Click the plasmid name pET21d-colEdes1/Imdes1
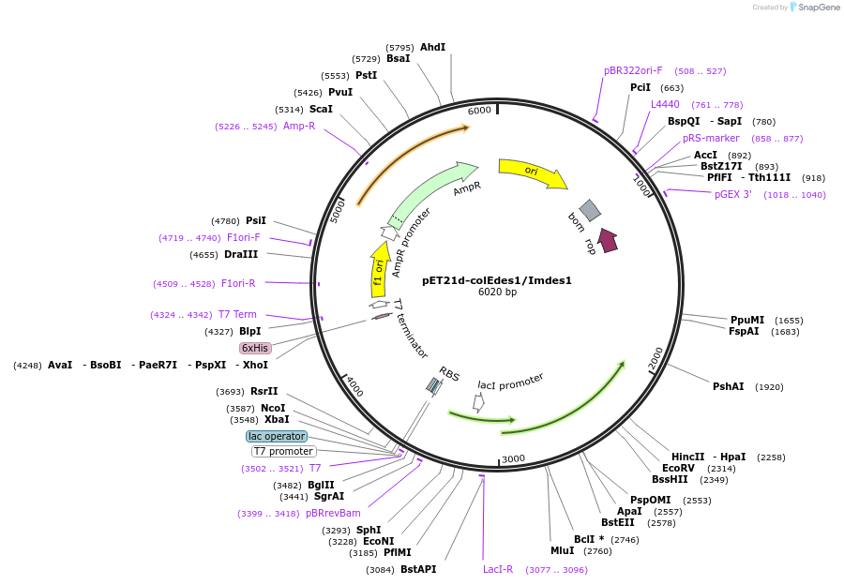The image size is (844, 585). pyautogui.click(x=497, y=279)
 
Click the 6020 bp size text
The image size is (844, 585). pyautogui.click(x=497, y=292)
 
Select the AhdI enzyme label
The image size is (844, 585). pyautogui.click(x=432, y=47)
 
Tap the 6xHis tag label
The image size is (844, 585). pyautogui.click(x=255, y=348)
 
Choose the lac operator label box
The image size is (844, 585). pyautogui.click(x=277, y=436)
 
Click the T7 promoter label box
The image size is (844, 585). pyautogui.click(x=284, y=451)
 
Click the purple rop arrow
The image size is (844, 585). pyautogui.click(x=608, y=240)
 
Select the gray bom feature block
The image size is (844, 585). pyautogui.click(x=589, y=210)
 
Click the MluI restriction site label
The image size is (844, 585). pyautogui.click(x=562, y=550)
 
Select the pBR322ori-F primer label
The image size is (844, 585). pyautogui.click(x=633, y=70)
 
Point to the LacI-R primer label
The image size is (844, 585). pyautogui.click(x=498, y=569)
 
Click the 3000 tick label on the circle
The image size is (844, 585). pyautogui.click(x=513, y=458)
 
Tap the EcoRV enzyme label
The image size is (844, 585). pyautogui.click(x=678, y=468)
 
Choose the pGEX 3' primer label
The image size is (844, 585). pyautogui.click(x=733, y=194)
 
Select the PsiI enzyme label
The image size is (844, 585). pyautogui.click(x=256, y=220)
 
